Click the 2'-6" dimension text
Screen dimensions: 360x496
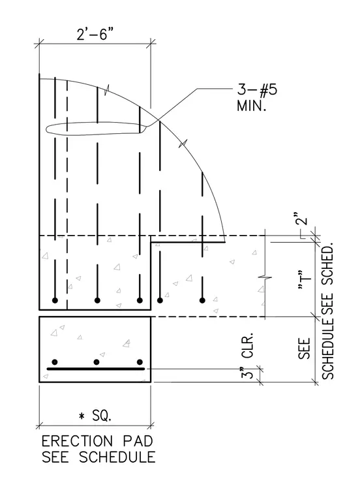pos(95,33)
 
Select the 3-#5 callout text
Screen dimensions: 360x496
pos(257,89)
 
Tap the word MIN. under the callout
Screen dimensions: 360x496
pos(251,106)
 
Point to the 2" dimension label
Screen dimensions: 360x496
pos(302,218)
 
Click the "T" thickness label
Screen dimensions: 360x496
pos(304,280)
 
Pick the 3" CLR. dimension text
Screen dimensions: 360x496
pos(247,355)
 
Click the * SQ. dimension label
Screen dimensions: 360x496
pos(95,415)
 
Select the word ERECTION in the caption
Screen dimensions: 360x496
pos(77,441)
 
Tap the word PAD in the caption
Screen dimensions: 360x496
pos(138,441)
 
